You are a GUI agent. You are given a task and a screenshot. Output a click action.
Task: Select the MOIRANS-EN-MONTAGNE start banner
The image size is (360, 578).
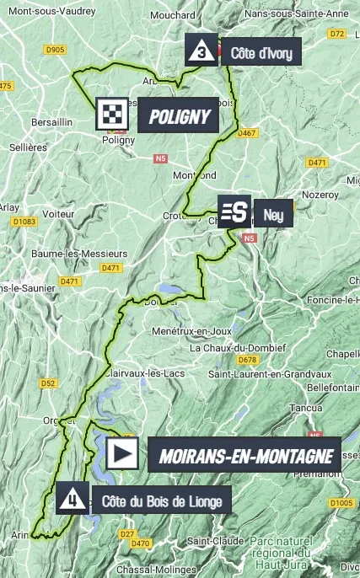pyautogui.click(x=243, y=455)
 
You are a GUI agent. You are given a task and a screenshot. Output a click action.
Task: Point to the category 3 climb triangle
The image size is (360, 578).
pyautogui.click(x=200, y=51)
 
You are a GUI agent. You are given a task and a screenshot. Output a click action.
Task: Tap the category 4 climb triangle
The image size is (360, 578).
pyautogui.click(x=73, y=500)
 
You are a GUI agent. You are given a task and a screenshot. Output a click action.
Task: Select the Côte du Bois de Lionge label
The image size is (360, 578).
pyautogui.click(x=161, y=502)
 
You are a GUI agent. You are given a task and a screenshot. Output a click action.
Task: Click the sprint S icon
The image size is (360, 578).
pyautogui.click(x=234, y=212)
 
